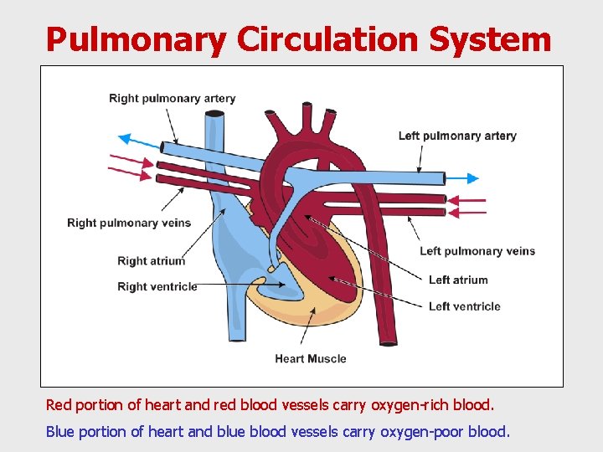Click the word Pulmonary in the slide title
pyautogui.click(x=136, y=39)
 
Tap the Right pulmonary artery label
pyautogui.click(x=172, y=99)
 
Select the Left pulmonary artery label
pyautogui.click(x=457, y=136)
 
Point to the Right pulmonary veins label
pyautogui.click(x=129, y=223)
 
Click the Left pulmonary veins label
pyautogui.click(x=477, y=251)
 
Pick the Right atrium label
pyautogui.click(x=151, y=261)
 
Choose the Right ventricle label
pyautogui.click(x=157, y=286)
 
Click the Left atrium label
pyautogui.click(x=457, y=280)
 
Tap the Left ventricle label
pyautogui.click(x=464, y=306)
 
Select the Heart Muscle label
pyautogui.click(x=310, y=359)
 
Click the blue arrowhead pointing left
pyautogui.click(x=125, y=139)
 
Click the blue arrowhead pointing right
pyautogui.click(x=473, y=178)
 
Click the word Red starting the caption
pyautogui.click(x=59, y=405)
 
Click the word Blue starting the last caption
pyautogui.click(x=59, y=432)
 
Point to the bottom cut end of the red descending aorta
pyautogui.click(x=389, y=342)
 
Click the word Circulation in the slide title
pyautogui.click(x=329, y=39)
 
